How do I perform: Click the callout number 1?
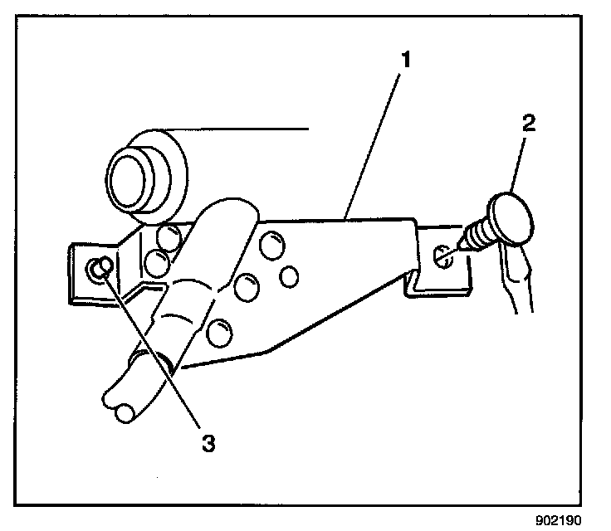pyautogui.click(x=406, y=59)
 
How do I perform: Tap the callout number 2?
pyautogui.click(x=528, y=125)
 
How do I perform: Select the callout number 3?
pyautogui.click(x=209, y=441)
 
